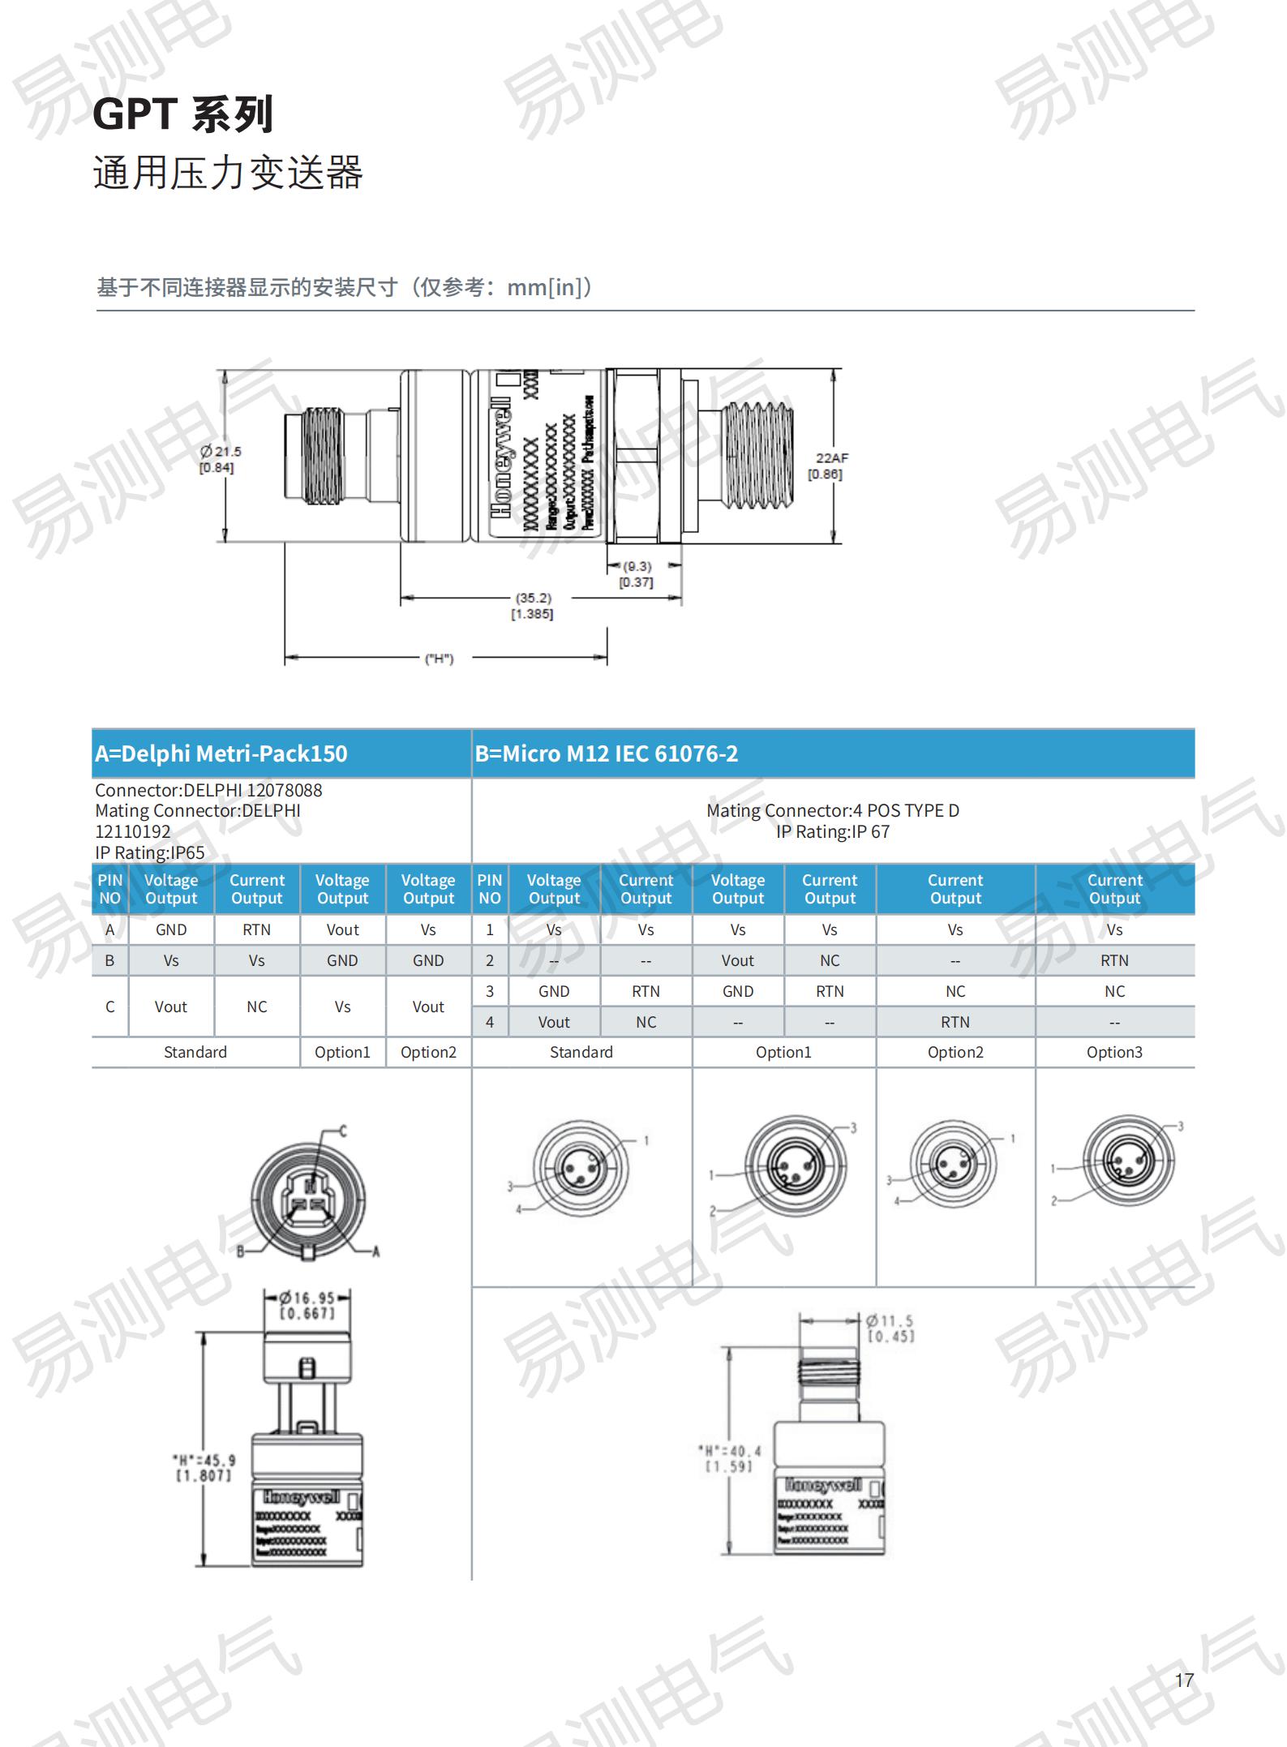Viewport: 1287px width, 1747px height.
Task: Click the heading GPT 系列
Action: pos(183,114)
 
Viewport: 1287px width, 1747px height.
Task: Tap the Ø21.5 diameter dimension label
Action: pos(221,452)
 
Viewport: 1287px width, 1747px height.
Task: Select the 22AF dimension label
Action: pos(831,458)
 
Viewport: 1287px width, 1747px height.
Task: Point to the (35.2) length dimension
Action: pos(533,599)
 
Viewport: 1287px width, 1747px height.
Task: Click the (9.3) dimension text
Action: pos(637,567)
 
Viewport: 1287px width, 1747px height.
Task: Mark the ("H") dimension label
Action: pos(439,659)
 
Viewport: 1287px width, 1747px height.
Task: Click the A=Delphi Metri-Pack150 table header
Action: pos(221,754)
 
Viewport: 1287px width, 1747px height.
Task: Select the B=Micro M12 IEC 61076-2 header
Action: pos(607,754)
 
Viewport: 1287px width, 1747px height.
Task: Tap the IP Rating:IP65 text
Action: pos(150,852)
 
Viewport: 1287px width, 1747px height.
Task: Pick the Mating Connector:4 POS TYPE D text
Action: pos(832,810)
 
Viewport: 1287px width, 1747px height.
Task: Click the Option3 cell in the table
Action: pos(1114,1052)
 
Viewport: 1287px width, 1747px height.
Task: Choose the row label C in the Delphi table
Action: pos(110,1007)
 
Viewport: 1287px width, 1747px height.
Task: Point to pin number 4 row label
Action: pos(490,1022)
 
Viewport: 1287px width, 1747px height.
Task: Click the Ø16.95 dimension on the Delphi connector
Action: pos(307,1298)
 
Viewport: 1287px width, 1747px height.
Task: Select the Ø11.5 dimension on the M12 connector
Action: pos(889,1321)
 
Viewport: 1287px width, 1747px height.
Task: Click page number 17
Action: pos(1184,1680)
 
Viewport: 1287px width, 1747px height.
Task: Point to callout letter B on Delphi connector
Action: pos(240,1251)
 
